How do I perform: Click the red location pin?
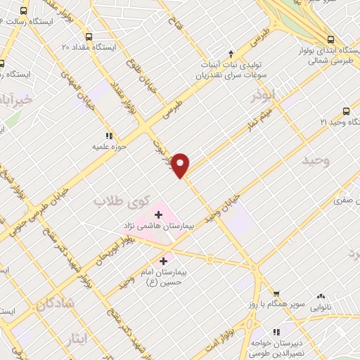(x=181, y=164)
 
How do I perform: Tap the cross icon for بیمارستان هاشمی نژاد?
(x=159, y=214)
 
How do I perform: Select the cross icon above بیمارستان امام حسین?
(x=164, y=261)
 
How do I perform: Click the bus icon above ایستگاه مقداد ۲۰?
(x=88, y=37)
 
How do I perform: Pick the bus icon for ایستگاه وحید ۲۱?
(x=345, y=111)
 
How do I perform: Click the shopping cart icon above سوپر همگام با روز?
(x=276, y=295)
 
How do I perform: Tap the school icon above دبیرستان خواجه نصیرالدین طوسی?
(x=276, y=331)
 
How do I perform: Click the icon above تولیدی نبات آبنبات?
(x=231, y=54)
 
